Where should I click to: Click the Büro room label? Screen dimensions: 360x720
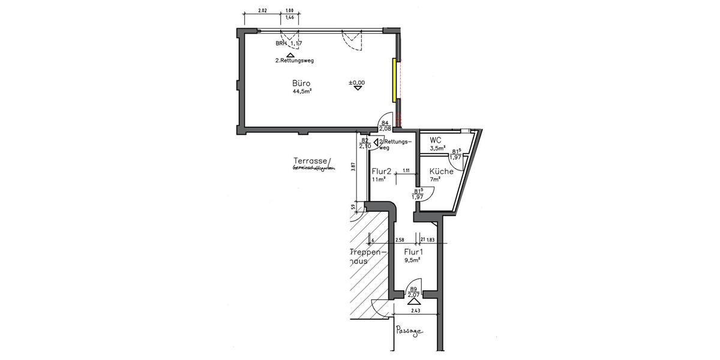(x=302, y=83)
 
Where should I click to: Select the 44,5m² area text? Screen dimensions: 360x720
(x=302, y=92)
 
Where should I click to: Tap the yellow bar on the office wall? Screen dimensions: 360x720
(x=394, y=80)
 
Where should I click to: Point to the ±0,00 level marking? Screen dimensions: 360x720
(x=357, y=83)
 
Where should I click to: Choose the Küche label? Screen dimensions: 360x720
(x=441, y=171)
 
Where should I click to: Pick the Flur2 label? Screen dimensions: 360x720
(x=382, y=171)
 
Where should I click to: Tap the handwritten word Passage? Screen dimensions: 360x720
(x=410, y=331)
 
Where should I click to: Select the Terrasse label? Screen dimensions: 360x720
(x=310, y=161)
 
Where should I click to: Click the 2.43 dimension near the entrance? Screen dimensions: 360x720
(x=415, y=310)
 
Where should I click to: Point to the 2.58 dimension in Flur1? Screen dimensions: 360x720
(x=400, y=240)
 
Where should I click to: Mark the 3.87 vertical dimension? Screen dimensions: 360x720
(x=353, y=169)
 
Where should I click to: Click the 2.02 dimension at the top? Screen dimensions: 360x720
(x=262, y=10)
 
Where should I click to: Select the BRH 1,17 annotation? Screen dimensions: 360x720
(x=289, y=43)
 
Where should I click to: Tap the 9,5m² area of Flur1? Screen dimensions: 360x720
(x=412, y=260)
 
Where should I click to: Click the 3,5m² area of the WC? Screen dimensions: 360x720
(x=437, y=148)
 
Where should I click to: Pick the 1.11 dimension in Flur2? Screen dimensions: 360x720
(x=406, y=171)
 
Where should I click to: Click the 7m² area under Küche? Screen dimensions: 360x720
(x=436, y=179)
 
